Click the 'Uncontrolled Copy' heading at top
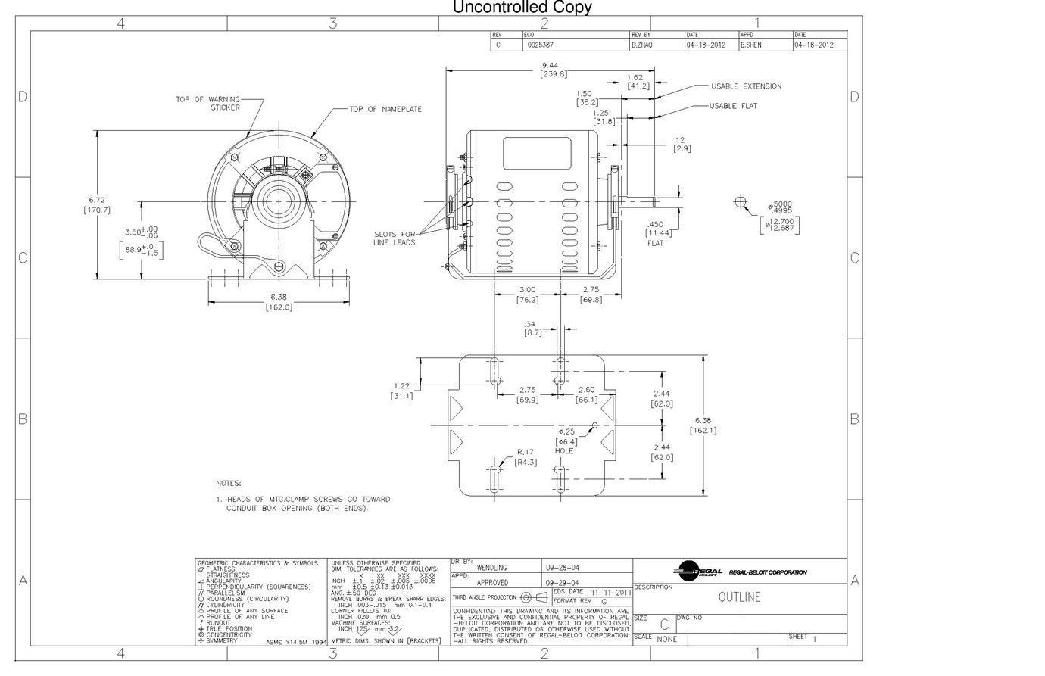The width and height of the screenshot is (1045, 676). [522, 8]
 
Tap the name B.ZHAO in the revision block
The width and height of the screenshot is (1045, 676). [641, 45]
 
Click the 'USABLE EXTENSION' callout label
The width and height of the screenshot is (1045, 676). [746, 86]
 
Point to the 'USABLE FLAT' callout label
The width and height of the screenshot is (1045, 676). [733, 106]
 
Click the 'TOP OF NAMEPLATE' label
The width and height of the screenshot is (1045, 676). [385, 110]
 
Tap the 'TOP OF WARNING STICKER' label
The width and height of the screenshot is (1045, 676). [207, 103]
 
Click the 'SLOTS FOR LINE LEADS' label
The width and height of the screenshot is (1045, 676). [394, 238]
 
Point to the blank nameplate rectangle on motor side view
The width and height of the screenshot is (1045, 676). [537, 154]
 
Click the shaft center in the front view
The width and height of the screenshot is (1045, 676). [279, 203]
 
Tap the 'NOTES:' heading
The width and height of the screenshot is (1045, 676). [228, 483]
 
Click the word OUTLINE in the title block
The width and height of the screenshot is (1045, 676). [739, 597]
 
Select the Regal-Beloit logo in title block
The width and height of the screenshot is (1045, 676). [696, 572]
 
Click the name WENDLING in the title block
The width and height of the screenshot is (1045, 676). [491, 567]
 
